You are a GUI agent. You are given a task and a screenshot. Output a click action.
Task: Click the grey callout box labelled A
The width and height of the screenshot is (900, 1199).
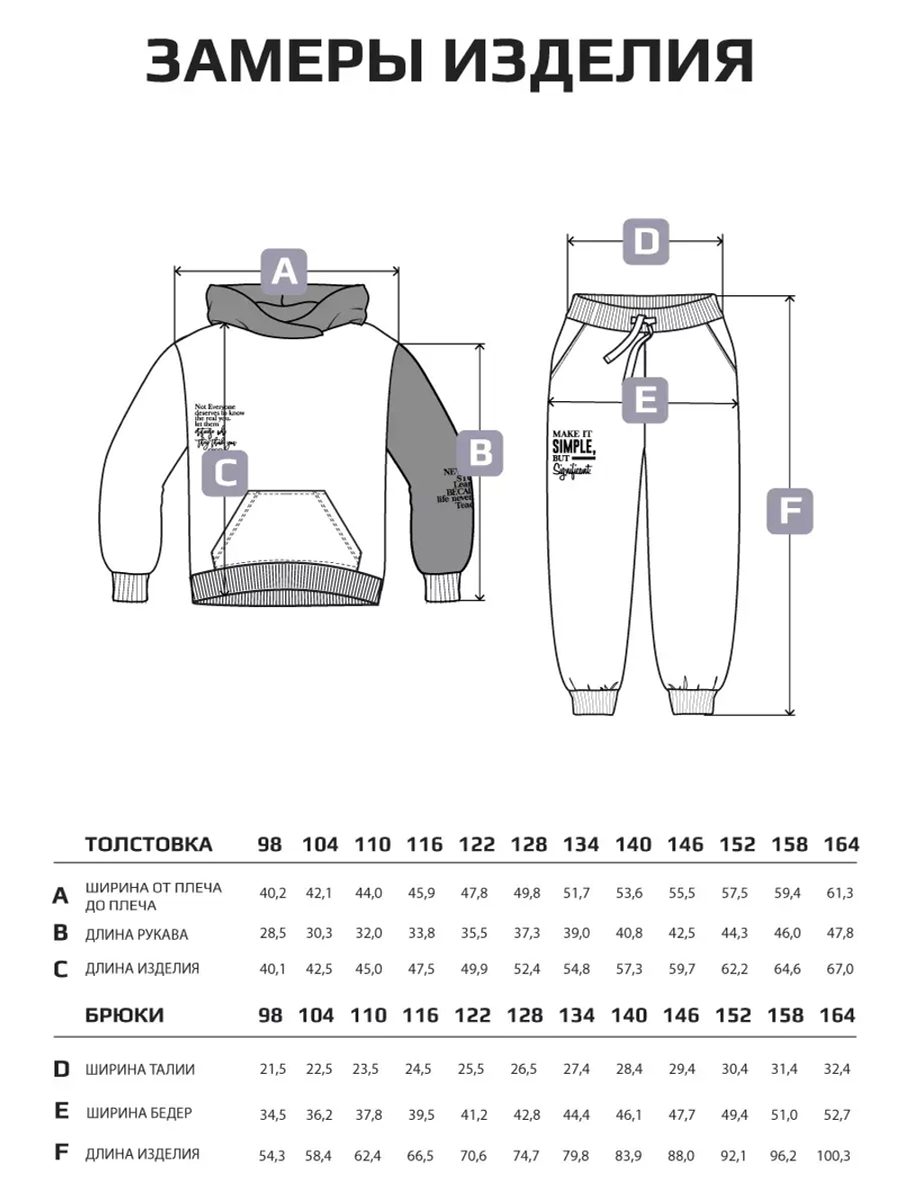[284, 271]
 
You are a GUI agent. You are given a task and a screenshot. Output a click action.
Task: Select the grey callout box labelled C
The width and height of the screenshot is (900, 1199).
[226, 471]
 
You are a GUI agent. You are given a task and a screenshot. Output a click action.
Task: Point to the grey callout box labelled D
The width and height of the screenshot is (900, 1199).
[646, 242]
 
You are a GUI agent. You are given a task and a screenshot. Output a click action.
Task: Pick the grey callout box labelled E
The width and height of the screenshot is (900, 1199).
[645, 399]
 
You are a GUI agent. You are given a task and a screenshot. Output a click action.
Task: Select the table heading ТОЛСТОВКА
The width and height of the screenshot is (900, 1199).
[148, 845]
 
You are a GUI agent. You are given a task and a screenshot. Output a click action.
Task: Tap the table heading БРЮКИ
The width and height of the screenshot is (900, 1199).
[124, 1016]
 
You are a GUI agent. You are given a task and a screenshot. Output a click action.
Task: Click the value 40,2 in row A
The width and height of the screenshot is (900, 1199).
[273, 893]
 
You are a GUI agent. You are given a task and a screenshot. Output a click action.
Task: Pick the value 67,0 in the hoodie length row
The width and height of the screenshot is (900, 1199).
[840, 969]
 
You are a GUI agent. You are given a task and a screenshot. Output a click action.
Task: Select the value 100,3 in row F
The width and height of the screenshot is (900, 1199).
[833, 1156]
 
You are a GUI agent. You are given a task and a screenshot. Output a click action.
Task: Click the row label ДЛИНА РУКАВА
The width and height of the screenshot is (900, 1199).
[137, 935]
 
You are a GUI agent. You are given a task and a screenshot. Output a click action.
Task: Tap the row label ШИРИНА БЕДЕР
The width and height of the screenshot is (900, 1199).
[139, 1113]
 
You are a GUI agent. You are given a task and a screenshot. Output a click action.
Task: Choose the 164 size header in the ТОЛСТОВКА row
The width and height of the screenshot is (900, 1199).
[841, 845]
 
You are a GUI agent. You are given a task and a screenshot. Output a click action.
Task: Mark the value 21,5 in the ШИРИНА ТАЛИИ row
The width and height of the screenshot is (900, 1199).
[273, 1069]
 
